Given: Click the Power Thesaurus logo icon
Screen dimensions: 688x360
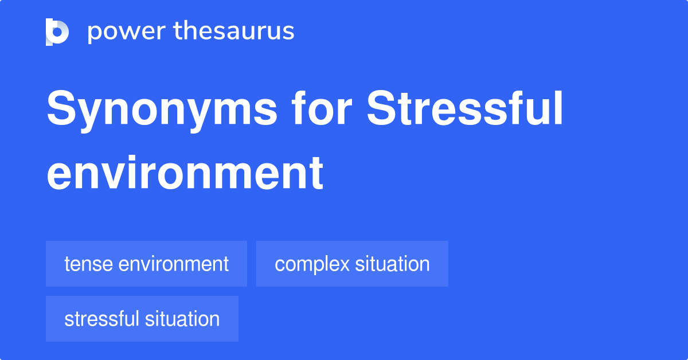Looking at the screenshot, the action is (x=57, y=32).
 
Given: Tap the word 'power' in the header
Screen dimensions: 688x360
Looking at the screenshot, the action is (x=127, y=32).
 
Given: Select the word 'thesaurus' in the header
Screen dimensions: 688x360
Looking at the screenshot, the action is (x=234, y=30).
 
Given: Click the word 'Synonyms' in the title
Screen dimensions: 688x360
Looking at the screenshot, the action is (x=162, y=111).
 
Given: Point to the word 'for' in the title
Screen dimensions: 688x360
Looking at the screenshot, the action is (x=322, y=108).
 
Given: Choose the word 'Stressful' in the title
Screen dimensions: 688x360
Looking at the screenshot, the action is (x=465, y=108).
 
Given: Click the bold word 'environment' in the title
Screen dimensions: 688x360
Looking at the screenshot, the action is (x=185, y=173).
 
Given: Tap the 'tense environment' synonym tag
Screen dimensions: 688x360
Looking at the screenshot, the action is (x=147, y=264).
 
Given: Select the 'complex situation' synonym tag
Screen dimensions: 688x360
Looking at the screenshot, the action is (x=352, y=264).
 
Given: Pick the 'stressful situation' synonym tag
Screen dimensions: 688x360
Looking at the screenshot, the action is (x=142, y=319).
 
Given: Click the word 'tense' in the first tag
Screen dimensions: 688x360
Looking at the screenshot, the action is (x=89, y=264).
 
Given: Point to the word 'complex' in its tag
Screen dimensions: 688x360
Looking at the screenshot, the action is (x=312, y=264).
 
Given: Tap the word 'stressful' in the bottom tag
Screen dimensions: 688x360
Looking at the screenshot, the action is (x=102, y=319).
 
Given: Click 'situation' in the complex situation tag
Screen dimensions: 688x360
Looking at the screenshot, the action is (x=393, y=264).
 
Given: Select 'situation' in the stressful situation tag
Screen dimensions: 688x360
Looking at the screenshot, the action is (x=182, y=319).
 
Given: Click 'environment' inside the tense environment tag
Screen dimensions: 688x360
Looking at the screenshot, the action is (x=174, y=264).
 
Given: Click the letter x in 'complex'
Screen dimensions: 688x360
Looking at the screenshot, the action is (x=343, y=265).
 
